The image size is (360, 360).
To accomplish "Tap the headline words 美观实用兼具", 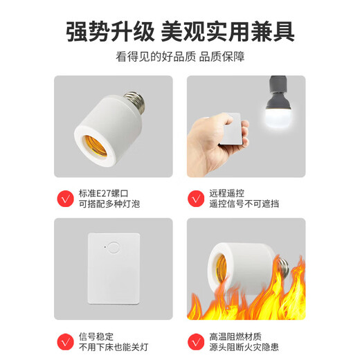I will (228, 30).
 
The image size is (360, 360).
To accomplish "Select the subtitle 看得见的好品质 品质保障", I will (179, 56).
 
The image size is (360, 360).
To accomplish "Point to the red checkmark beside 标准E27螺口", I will (64, 199).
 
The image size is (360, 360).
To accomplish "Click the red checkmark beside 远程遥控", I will (196, 199).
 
